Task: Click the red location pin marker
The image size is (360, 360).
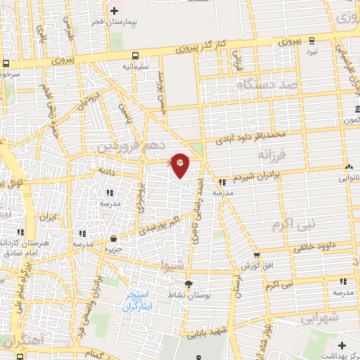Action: pos(180,165)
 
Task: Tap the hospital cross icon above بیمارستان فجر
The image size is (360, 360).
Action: pos(115,11)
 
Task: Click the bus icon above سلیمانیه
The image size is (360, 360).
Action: pos(135,56)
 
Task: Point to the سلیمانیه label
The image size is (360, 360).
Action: pos(135,67)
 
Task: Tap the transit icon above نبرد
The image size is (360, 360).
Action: pos(311,41)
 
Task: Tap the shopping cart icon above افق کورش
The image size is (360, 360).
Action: pos(256,255)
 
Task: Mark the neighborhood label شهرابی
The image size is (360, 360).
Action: pos(323,317)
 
